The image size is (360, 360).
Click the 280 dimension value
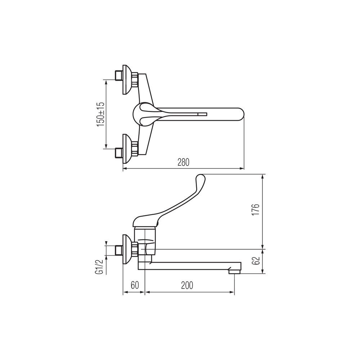(x=184, y=162)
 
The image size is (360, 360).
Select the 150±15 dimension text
(x=101, y=114)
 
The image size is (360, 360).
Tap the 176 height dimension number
(x=255, y=210)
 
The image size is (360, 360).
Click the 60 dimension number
(x=135, y=285)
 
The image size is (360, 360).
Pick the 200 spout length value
(x=187, y=285)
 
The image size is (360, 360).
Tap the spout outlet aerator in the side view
(x=234, y=271)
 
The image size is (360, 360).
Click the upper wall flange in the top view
(x=127, y=80)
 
